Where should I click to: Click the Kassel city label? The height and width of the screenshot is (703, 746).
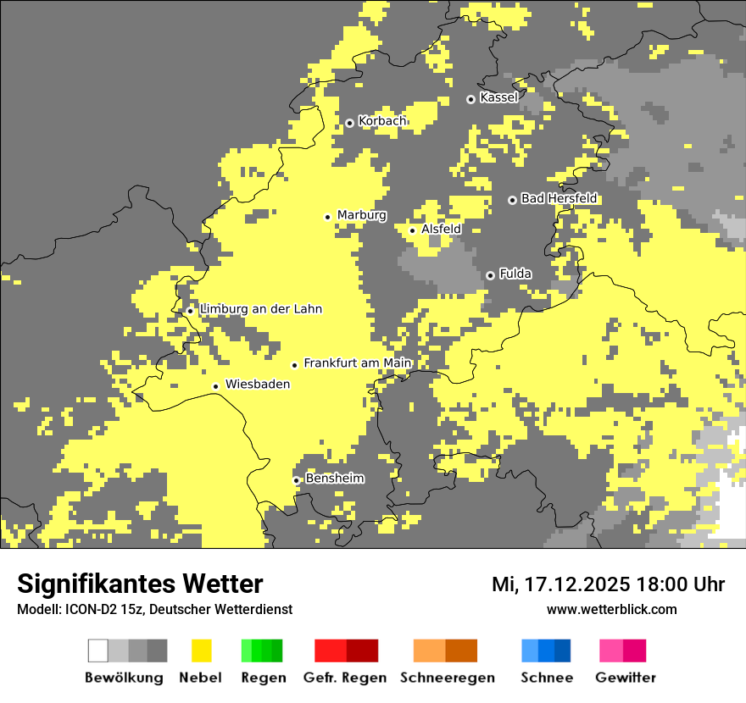pyautogui.click(x=498, y=97)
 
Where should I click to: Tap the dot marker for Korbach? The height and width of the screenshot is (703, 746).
pyautogui.click(x=349, y=123)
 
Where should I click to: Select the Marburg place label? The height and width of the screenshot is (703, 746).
pyautogui.click(x=361, y=215)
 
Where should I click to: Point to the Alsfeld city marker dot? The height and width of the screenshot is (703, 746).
pyautogui.click(x=413, y=230)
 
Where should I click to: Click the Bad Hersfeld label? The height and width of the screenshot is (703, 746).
pyautogui.click(x=559, y=198)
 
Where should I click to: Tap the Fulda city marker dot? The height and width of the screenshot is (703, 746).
pyautogui.click(x=490, y=275)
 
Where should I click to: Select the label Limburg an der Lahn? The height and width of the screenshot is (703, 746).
pyautogui.click(x=261, y=309)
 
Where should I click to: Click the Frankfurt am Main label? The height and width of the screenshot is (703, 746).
pyautogui.click(x=357, y=363)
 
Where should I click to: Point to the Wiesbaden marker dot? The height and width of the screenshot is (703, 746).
pyautogui.click(x=216, y=386)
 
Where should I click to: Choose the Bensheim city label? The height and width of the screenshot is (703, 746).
pyautogui.click(x=335, y=479)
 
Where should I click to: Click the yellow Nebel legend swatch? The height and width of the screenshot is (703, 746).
pyautogui.click(x=202, y=650)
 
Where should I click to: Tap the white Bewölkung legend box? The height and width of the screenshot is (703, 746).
pyautogui.click(x=98, y=650)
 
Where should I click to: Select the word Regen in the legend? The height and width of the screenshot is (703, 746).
pyautogui.click(x=263, y=678)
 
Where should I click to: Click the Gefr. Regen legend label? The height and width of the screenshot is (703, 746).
pyautogui.click(x=345, y=678)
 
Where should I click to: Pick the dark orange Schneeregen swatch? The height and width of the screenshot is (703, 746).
pyautogui.click(x=462, y=650)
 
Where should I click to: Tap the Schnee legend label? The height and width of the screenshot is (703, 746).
pyautogui.click(x=547, y=678)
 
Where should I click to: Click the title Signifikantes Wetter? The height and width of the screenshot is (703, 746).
pyautogui.click(x=140, y=584)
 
